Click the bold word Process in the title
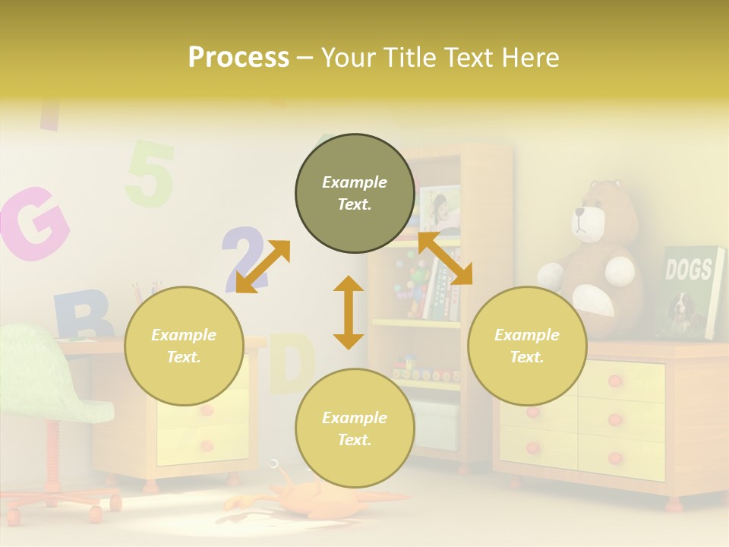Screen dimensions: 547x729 [238, 58]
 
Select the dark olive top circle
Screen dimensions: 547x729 [355, 194]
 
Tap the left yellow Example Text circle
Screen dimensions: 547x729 [184, 346]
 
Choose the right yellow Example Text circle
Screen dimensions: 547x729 [527, 346]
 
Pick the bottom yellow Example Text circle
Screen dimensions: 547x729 [355, 428]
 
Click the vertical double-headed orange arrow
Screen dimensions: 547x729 [349, 312]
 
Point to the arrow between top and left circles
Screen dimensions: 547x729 [263, 267]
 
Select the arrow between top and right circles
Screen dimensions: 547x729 [446, 258]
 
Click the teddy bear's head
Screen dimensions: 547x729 [596, 212]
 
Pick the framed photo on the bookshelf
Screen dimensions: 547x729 [440, 207]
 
